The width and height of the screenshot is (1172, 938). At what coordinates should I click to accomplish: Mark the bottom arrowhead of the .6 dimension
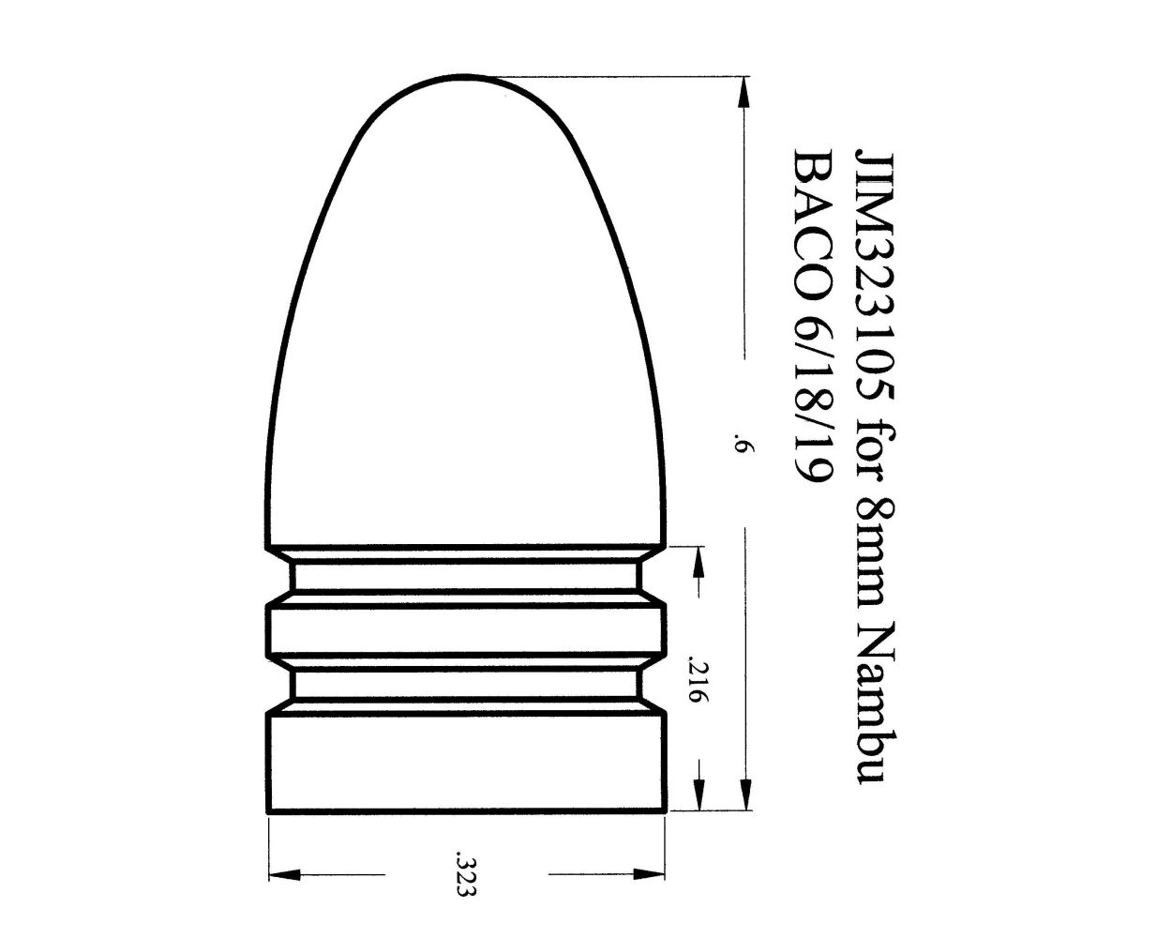pos(744,797)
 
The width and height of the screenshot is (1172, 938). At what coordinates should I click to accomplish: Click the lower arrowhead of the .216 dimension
pos(699,797)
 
